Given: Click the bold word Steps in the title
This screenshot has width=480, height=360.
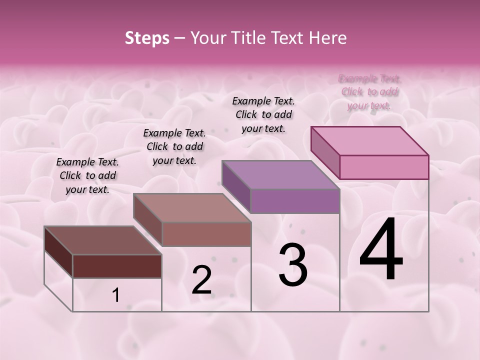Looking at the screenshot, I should pyautogui.click(x=147, y=38).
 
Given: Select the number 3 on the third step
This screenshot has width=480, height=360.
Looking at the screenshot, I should pyautogui.click(x=292, y=265).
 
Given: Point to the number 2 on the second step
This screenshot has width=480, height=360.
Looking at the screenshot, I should pyautogui.click(x=202, y=280).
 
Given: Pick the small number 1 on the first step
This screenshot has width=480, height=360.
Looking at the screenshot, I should pyautogui.click(x=116, y=295).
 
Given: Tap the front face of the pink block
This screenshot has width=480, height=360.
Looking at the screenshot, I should pyautogui.click(x=384, y=167).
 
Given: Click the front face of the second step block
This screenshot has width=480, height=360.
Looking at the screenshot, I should pyautogui.click(x=206, y=234).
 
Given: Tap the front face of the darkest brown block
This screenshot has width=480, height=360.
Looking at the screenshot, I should pyautogui.click(x=117, y=266).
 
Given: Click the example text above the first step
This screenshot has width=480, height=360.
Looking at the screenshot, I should pyautogui.click(x=87, y=175).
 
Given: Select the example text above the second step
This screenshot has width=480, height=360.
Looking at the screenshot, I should pyautogui.click(x=174, y=146).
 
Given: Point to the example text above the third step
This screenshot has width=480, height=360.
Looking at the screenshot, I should pyautogui.click(x=263, y=114).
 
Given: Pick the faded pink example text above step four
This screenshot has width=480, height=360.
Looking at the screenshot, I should pyautogui.click(x=369, y=92).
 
